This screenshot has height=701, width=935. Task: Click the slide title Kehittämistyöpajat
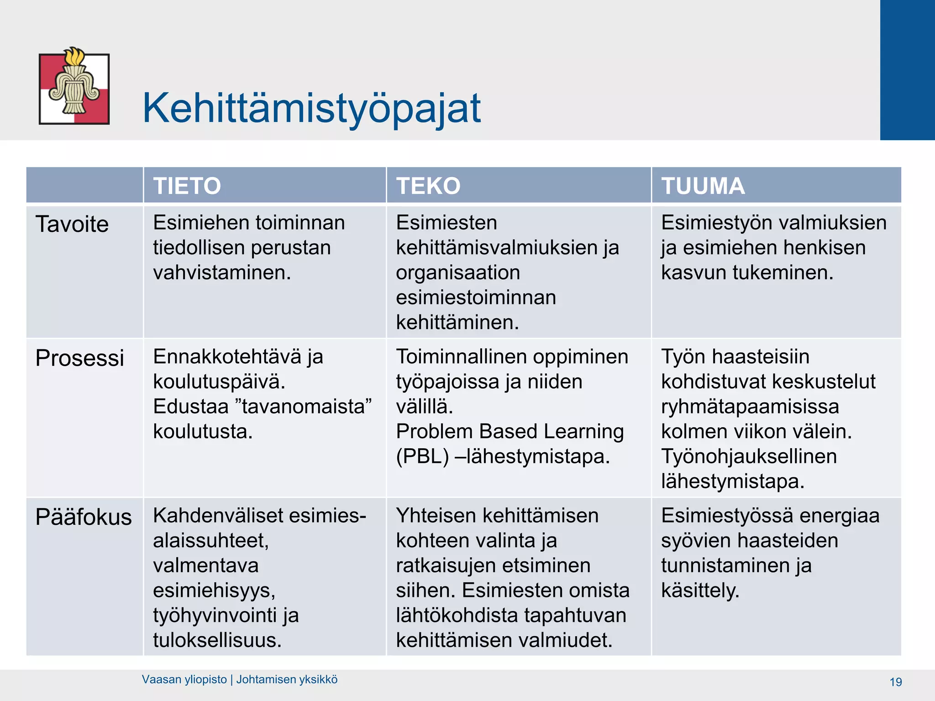click(311, 109)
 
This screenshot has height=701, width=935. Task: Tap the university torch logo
click(74, 86)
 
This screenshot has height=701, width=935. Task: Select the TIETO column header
click(187, 186)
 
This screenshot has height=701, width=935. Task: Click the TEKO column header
click(428, 186)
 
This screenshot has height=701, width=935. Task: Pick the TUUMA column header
click(703, 186)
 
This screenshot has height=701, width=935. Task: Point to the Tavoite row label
click(72, 224)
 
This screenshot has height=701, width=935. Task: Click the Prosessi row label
click(80, 358)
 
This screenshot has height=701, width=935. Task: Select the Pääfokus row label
click(84, 517)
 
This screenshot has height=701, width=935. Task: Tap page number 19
click(896, 682)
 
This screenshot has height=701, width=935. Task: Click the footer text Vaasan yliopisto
click(184, 680)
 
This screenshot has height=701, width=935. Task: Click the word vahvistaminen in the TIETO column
click(222, 272)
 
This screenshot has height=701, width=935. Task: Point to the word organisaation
click(458, 272)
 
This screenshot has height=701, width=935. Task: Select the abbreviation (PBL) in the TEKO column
click(422, 456)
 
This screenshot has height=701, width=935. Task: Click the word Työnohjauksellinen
click(749, 456)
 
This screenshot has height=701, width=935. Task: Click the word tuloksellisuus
click(217, 640)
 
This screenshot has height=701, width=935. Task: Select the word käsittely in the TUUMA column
click(700, 591)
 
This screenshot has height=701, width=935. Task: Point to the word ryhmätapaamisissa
click(750, 406)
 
